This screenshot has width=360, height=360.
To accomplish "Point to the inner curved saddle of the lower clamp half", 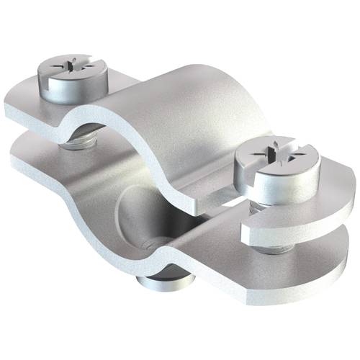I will pos(180,230).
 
